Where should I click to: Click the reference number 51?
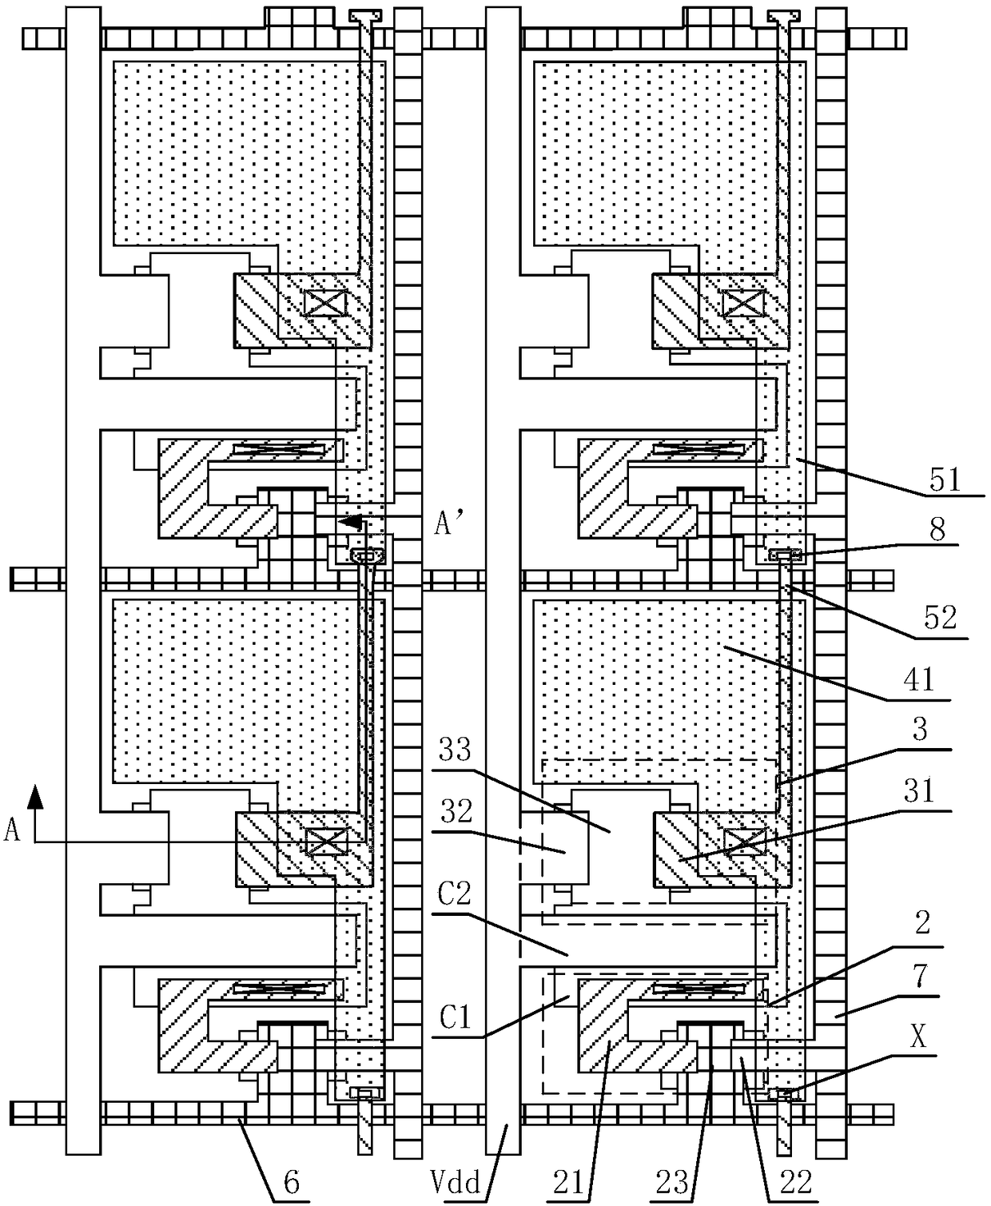pos(945,480)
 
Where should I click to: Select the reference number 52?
pos(940,618)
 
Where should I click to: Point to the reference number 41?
pos(918,680)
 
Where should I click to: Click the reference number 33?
pos(456,750)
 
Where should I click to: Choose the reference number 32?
pos(456,811)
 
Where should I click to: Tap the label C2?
pos(454,894)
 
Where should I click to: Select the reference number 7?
pos(918,976)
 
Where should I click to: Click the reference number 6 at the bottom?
pos(292,1183)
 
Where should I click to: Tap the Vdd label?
pos(456,1183)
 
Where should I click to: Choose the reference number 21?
pos(568,1183)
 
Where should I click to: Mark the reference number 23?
pos(672,1183)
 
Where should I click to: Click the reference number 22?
pos(795,1183)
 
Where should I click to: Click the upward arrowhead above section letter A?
pos(35,797)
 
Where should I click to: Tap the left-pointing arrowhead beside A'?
pos(350,522)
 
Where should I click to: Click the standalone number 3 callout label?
pos(920,729)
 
